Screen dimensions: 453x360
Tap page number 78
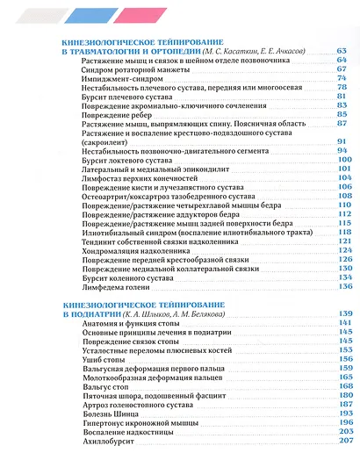tap(342, 87)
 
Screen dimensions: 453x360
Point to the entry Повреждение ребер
tap(110, 115)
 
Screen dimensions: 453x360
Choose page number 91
tap(342, 141)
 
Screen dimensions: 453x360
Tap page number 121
tap(342, 241)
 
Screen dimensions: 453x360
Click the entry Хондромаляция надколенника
tap(133, 250)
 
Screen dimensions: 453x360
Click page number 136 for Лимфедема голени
tap(342, 286)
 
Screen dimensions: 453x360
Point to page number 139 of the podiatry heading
tap(342, 313)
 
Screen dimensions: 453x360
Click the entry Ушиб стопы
tap(100, 359)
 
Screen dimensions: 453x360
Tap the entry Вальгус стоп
tap(102, 386)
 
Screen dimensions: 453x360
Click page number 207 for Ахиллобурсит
tap(342, 441)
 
